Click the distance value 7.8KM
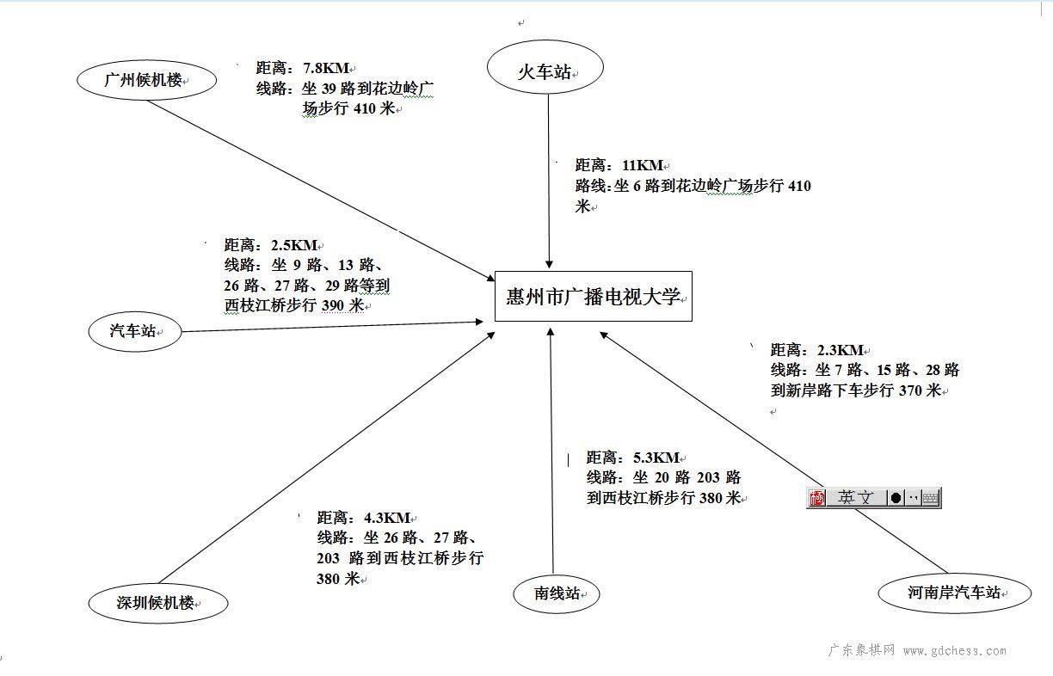click(x=326, y=68)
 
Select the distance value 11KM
click(x=642, y=165)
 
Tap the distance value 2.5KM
click(x=294, y=245)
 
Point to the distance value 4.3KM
click(x=387, y=518)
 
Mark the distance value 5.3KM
click(x=656, y=458)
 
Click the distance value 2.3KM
click(x=840, y=350)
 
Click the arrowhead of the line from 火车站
click(x=549, y=264)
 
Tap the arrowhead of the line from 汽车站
click(x=479, y=322)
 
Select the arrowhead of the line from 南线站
click(x=551, y=332)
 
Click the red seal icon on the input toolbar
click(x=817, y=498)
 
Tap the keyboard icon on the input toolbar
click(x=931, y=498)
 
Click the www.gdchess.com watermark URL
click(x=954, y=651)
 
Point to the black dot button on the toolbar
click(x=896, y=498)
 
